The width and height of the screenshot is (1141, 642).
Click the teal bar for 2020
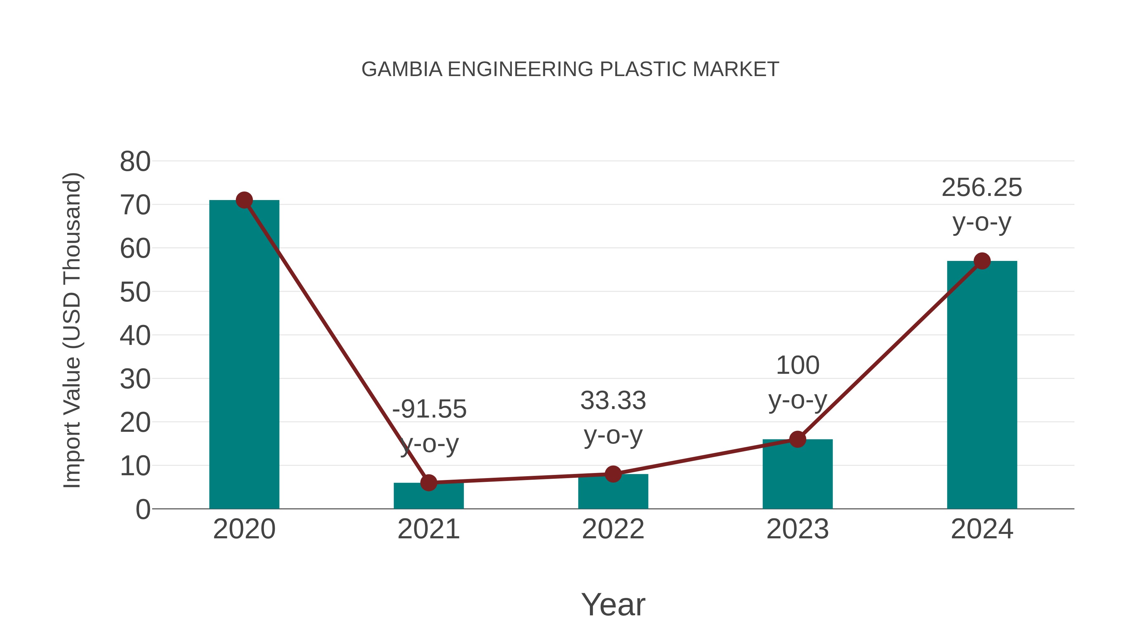244,354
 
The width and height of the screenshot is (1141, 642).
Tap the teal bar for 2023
797,474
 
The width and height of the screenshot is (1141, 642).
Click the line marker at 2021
428,483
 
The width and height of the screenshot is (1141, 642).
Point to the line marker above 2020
244,200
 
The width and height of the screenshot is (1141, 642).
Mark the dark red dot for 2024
982,261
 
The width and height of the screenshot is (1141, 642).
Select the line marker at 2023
797,439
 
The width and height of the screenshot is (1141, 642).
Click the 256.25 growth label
982,187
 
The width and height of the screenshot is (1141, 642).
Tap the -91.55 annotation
429,409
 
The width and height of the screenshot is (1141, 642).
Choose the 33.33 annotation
613,400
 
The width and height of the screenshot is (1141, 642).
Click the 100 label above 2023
798,366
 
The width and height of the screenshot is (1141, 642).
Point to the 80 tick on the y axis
135,162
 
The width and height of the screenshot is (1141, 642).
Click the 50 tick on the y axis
135,292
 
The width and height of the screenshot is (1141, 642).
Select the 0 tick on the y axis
143,509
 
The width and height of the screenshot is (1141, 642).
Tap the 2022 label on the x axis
613,529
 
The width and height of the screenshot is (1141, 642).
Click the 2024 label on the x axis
982,529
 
